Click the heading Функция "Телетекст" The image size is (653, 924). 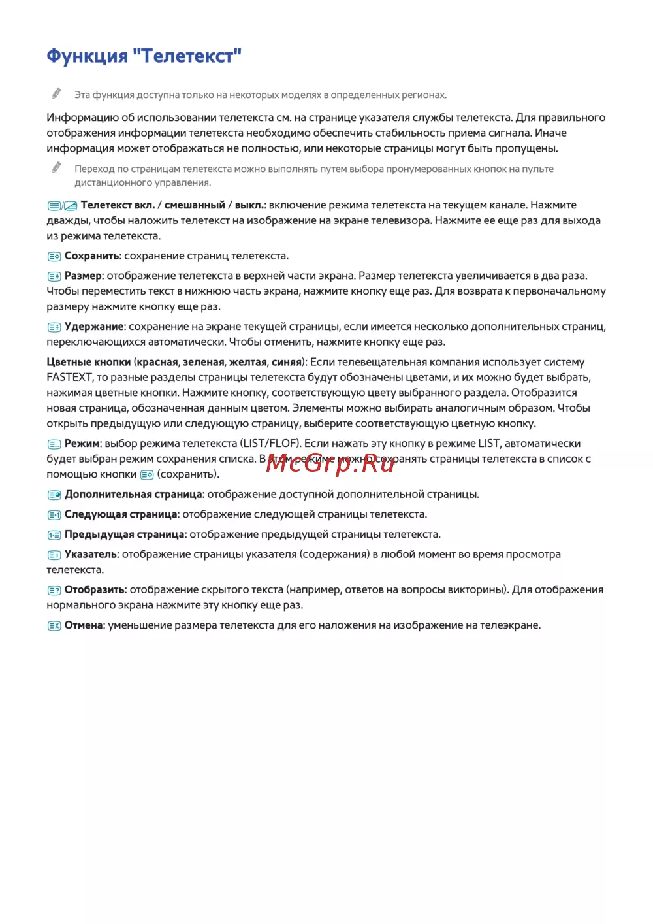144,56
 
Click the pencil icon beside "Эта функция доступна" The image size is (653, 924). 57,93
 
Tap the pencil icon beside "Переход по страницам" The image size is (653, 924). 57,167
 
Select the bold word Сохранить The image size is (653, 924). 91,256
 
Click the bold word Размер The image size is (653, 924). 83,276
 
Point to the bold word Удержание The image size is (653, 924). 94,327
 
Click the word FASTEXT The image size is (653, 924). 70,378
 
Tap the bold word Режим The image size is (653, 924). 82,444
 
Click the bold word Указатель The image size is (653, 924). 91,555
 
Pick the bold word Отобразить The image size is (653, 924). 95,590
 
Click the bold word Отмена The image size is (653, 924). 84,625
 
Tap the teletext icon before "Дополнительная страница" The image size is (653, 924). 54,495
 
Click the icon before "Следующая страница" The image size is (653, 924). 54,515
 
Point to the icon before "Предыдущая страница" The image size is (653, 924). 54,535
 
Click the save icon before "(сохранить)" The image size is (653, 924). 147,475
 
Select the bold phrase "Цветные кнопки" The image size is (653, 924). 89,362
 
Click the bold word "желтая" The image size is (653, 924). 247,362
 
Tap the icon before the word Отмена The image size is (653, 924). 54,626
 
